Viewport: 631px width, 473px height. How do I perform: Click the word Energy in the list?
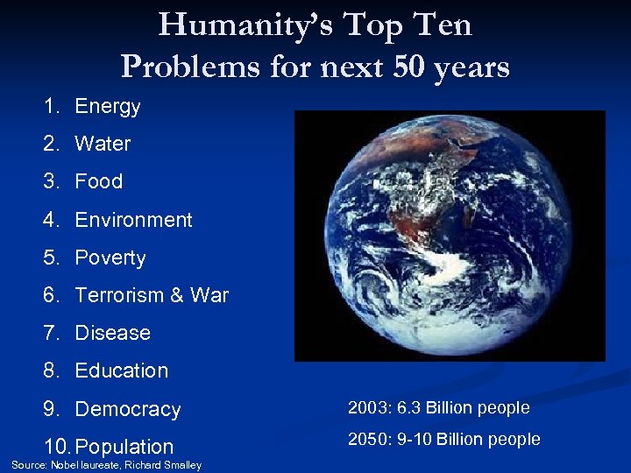[108, 107]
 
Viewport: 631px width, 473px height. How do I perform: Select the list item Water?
[103, 144]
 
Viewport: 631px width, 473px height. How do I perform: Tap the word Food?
[99, 181]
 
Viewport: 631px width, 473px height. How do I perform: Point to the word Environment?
[133, 220]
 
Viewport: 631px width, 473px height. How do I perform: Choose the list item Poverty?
[110, 258]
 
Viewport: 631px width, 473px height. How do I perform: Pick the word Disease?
[113, 333]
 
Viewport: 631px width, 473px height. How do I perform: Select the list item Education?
[122, 371]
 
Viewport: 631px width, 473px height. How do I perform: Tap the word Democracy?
[128, 409]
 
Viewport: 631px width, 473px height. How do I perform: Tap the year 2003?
[365, 407]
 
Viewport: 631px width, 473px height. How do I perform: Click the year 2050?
[365, 439]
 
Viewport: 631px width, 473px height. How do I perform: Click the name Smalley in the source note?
[181, 465]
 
